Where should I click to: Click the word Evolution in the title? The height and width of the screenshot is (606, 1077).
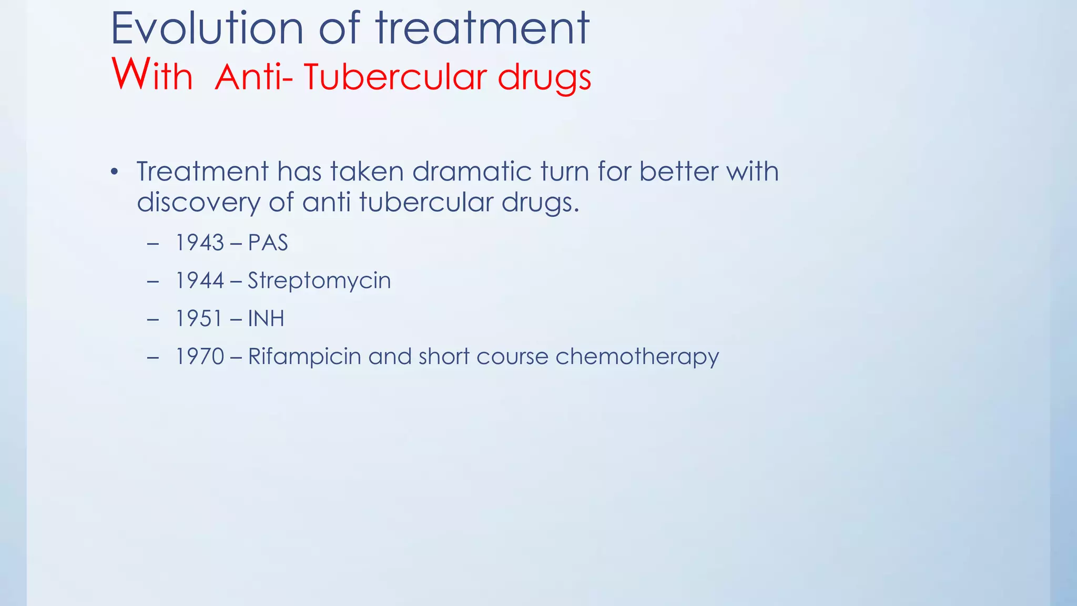tap(207, 29)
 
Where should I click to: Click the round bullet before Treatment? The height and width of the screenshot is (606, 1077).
tap(115, 173)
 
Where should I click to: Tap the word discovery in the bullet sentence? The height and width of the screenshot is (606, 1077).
tap(198, 203)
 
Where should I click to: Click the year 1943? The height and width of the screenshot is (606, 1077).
tap(200, 243)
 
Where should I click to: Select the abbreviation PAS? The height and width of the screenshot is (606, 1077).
tap(268, 243)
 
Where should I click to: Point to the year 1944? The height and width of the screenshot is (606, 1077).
tap(200, 281)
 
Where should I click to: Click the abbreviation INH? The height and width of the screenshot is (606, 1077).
tap(266, 319)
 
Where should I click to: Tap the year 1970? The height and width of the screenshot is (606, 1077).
tap(200, 357)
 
